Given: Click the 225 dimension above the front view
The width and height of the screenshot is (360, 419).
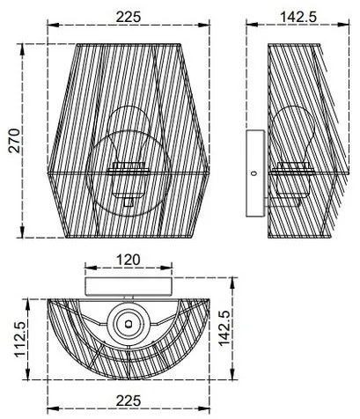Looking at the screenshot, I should (129, 15).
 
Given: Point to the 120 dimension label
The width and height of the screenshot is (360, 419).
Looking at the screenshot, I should (129, 261).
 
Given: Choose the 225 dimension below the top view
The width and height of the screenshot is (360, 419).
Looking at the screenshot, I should (129, 401).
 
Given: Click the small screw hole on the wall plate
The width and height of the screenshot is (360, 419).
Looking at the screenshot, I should (253, 174).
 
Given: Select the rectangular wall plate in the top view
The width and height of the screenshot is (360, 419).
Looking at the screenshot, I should (129, 284).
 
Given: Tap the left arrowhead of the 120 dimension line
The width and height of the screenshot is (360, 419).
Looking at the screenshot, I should (85, 271).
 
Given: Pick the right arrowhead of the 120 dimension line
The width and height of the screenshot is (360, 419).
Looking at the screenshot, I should (173, 271).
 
